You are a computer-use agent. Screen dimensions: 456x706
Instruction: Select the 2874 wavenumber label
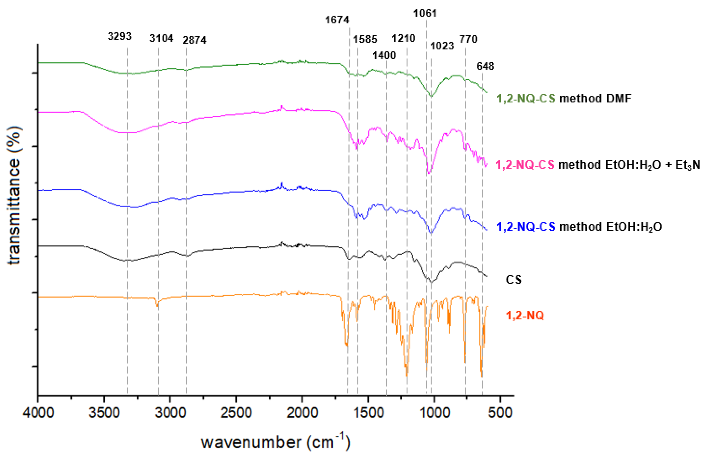pyautogui.click(x=194, y=40)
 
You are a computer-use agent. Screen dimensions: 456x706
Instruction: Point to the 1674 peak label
pyautogui.click(x=337, y=20)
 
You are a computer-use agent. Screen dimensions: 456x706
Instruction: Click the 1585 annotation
pyautogui.click(x=365, y=39)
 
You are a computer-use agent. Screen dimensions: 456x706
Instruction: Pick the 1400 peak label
pyautogui.click(x=384, y=55)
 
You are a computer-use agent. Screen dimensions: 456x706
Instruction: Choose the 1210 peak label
pyautogui.click(x=404, y=38)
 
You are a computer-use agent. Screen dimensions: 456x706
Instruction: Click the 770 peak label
pyautogui.click(x=468, y=39)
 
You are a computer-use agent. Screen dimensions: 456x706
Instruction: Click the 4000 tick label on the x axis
pyautogui.click(x=38, y=412)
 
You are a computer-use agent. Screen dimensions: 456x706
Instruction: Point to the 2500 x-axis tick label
pyautogui.click(x=236, y=412)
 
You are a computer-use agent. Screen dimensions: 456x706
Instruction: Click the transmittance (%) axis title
pyautogui.click(x=14, y=195)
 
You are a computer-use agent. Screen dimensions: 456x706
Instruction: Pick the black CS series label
pyautogui.click(x=514, y=279)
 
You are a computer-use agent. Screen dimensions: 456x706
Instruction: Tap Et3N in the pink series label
pyautogui.click(x=688, y=165)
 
